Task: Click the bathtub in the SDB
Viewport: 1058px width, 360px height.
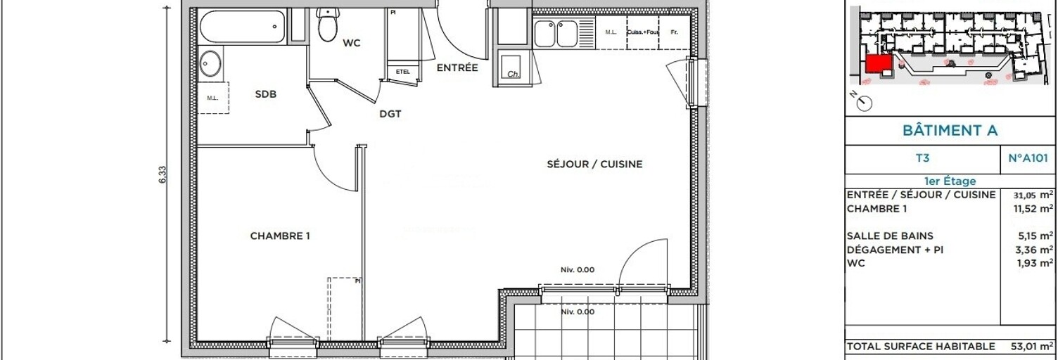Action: [243, 27]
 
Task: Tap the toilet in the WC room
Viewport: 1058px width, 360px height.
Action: [327, 25]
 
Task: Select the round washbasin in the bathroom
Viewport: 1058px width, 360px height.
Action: [210, 64]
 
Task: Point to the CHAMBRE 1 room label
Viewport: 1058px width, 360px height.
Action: [280, 236]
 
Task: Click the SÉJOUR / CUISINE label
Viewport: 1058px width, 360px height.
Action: [594, 165]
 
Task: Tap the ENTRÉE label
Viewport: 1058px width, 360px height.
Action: [457, 68]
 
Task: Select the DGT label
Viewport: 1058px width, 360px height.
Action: [390, 114]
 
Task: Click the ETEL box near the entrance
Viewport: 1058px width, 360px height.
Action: [403, 72]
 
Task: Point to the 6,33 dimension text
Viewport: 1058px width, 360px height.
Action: [162, 174]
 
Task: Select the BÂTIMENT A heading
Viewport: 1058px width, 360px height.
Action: [950, 131]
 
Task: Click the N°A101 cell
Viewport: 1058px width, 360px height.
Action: [1028, 160]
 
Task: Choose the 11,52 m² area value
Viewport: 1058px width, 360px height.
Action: [1033, 209]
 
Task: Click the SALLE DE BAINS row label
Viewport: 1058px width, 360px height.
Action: [890, 236]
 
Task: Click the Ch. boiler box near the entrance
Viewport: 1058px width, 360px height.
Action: [514, 68]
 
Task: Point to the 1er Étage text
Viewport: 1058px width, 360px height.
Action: [950, 181]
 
